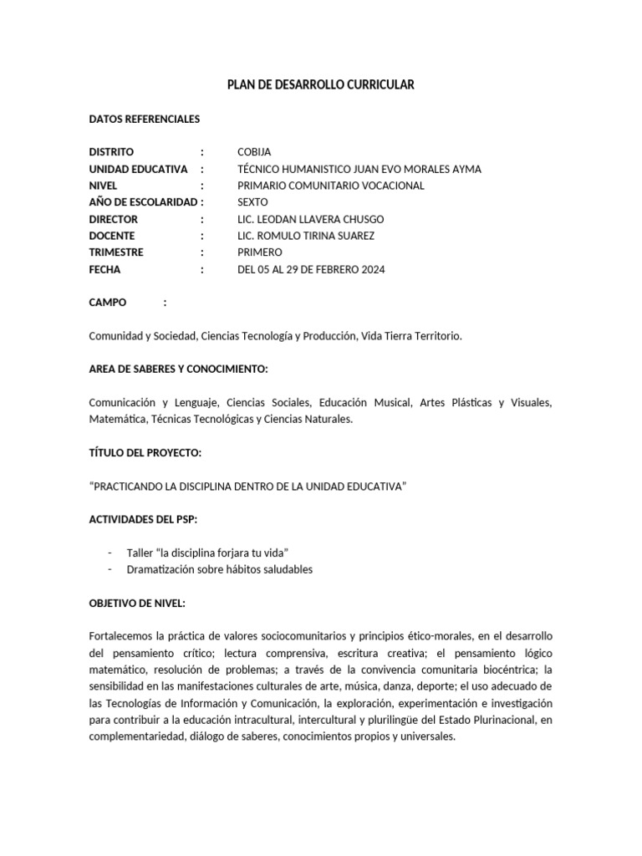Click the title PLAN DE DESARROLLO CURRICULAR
click(x=321, y=84)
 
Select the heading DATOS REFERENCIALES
click(x=145, y=119)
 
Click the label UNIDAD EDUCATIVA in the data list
click(x=138, y=169)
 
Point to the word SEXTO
click(x=253, y=202)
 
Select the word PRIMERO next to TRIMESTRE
click(x=260, y=252)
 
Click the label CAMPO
click(x=108, y=303)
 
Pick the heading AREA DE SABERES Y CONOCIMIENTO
click(x=178, y=369)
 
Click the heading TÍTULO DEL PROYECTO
click(x=145, y=452)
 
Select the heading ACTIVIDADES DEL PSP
click(x=143, y=519)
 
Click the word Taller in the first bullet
click(x=140, y=553)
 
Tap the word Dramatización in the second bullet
click(x=160, y=569)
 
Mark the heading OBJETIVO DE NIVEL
click(x=137, y=603)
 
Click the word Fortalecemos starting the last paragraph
click(x=122, y=636)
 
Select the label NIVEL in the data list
click(x=103, y=186)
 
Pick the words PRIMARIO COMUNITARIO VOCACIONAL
click(x=331, y=186)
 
